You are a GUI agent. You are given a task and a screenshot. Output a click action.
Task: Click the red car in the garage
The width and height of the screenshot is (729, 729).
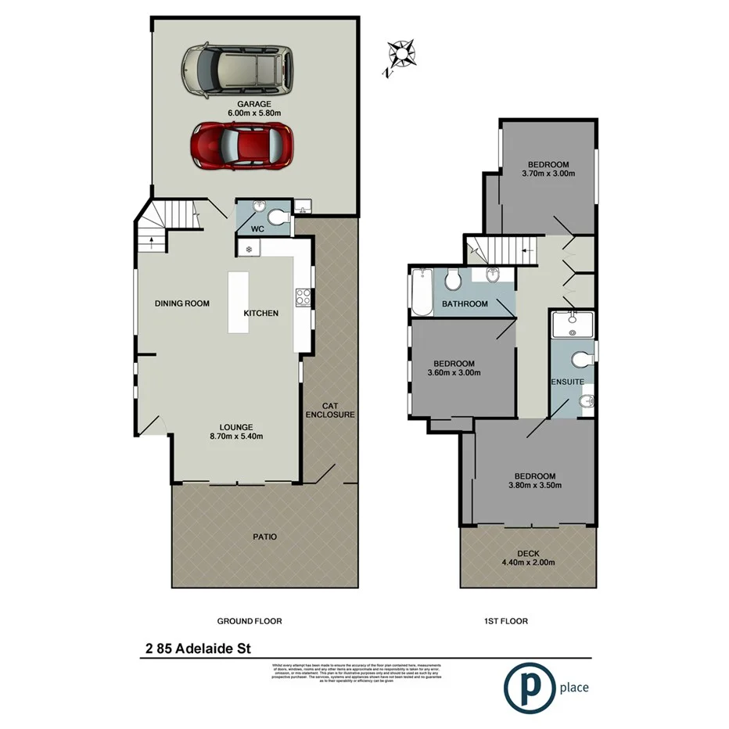[242, 145]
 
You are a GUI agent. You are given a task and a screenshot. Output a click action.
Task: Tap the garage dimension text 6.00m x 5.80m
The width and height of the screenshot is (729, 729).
[254, 113]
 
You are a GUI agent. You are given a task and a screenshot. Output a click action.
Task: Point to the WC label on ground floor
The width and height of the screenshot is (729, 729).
[257, 229]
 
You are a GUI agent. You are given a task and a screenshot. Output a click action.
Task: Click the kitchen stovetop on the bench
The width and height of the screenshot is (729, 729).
[303, 297]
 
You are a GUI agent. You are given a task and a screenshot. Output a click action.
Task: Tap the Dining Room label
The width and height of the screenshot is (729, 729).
[181, 303]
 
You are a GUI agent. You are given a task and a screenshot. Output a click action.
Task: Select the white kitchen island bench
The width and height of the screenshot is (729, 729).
[239, 303]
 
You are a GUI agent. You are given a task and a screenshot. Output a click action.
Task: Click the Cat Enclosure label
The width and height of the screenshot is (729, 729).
[329, 410]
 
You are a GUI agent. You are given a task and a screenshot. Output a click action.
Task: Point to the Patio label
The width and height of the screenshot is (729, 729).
[265, 537]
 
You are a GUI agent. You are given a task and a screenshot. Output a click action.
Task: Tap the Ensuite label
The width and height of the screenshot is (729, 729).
[567, 382]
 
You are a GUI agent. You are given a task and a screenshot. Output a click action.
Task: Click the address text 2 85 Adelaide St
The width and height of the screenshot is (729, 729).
[197, 648]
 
